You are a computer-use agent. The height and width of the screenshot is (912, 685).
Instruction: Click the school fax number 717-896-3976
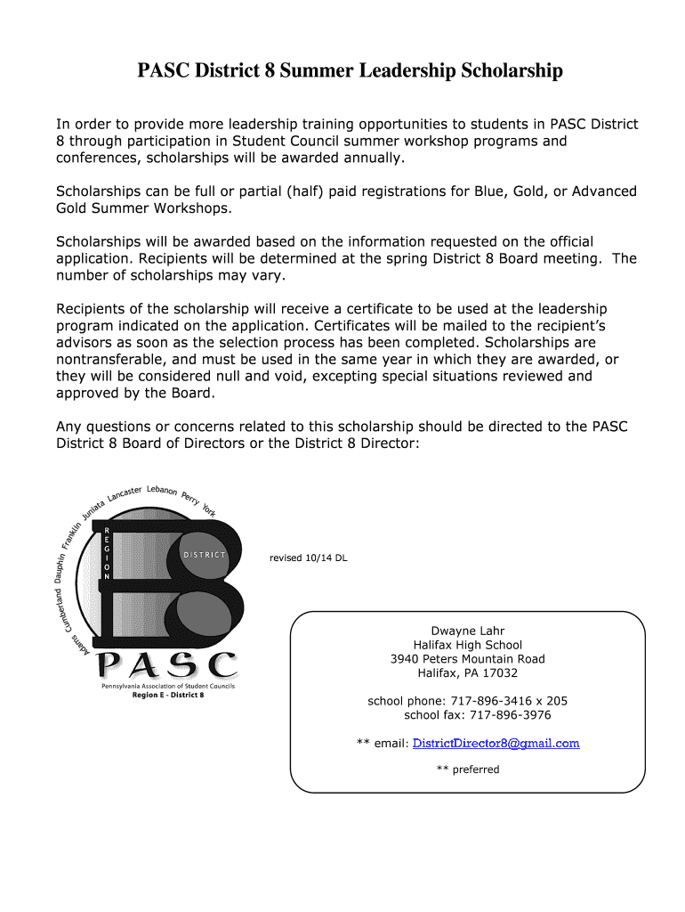pos(510,715)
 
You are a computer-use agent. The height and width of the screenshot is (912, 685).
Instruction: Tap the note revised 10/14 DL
pos(308,558)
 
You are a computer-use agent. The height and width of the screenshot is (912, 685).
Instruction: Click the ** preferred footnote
pos(468,769)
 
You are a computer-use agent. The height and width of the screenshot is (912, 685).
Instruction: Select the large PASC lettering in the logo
pos(166,664)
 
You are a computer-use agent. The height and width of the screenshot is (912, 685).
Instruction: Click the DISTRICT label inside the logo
pos(205,555)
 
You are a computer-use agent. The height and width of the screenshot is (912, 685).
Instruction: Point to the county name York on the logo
pos(208,509)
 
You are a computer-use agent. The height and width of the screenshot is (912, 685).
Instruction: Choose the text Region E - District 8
pos(168,695)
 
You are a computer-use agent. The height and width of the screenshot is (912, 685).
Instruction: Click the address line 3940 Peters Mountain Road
pos(467,659)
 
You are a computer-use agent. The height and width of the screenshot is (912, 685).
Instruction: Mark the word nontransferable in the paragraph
pos(112,359)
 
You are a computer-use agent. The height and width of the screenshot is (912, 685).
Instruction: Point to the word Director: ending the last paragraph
pos(388,443)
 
